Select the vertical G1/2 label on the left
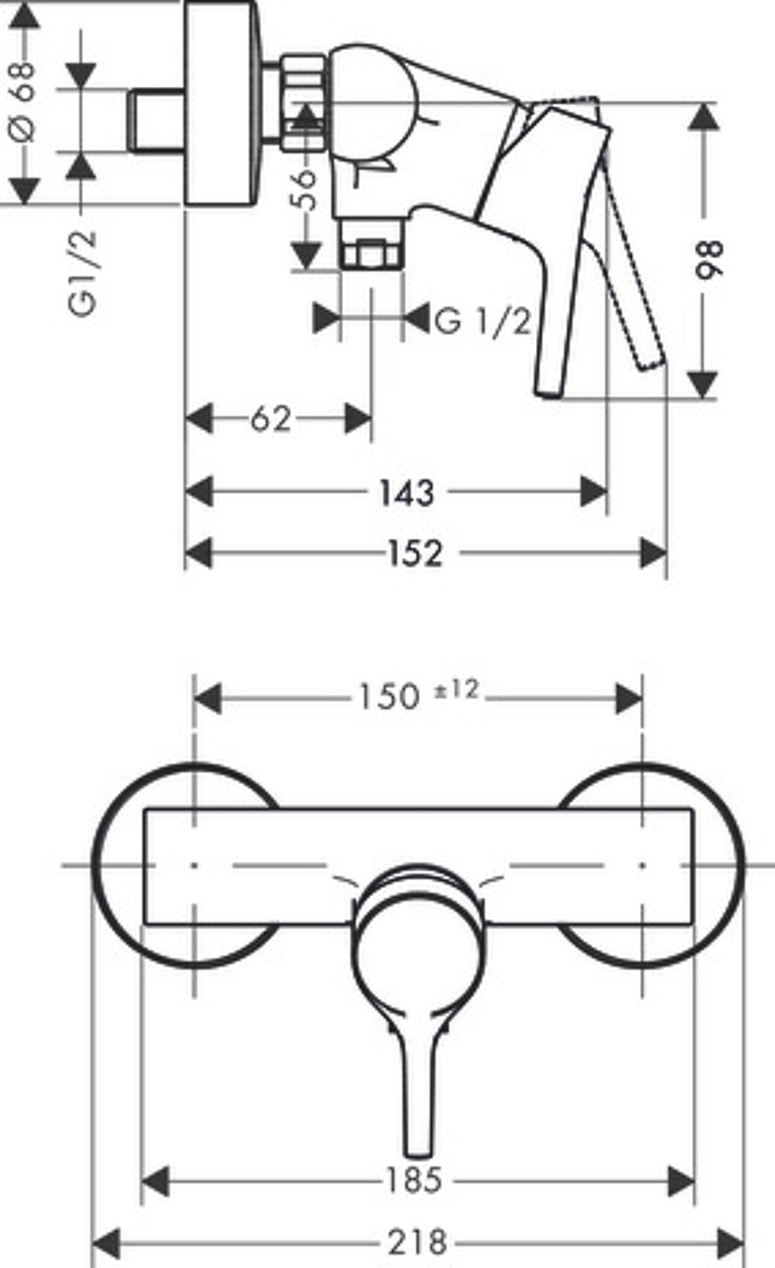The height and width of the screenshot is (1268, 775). point(82,273)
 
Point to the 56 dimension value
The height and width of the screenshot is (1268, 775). point(306,190)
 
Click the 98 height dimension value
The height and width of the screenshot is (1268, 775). point(708,259)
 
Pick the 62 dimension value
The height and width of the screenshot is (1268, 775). point(271,419)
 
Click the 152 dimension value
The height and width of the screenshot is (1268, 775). point(415,553)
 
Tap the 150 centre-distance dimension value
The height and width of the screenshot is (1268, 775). point(389,696)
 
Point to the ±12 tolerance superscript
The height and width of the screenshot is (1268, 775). point(455,689)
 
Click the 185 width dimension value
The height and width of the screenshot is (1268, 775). point(414,1180)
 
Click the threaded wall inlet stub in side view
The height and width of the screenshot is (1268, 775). point(156,121)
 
